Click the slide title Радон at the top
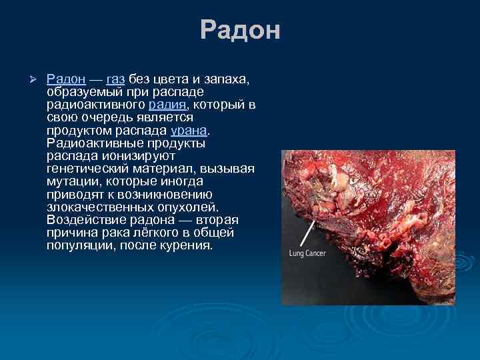(x=240, y=31)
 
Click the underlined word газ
(x=115, y=80)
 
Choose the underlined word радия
(x=169, y=105)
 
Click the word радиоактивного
(x=96, y=105)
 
